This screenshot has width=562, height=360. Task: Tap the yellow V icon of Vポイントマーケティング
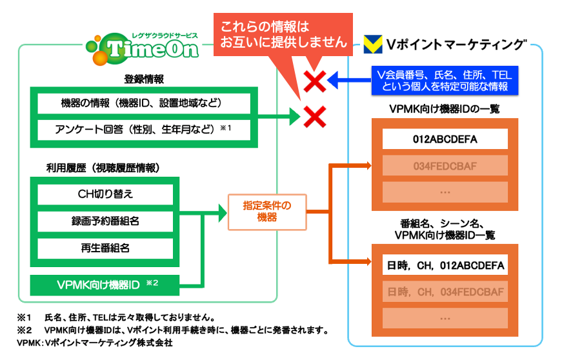point(371,45)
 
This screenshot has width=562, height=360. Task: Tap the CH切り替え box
point(105,194)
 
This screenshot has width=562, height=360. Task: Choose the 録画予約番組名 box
point(105,221)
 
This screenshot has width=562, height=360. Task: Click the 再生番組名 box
point(105,248)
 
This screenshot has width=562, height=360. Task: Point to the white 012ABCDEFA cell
point(445,139)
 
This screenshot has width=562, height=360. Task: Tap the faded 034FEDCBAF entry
point(445,166)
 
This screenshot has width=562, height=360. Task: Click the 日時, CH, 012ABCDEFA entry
point(445,265)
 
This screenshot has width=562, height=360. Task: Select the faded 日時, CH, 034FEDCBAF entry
point(445,292)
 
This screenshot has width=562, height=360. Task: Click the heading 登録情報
point(143,79)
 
